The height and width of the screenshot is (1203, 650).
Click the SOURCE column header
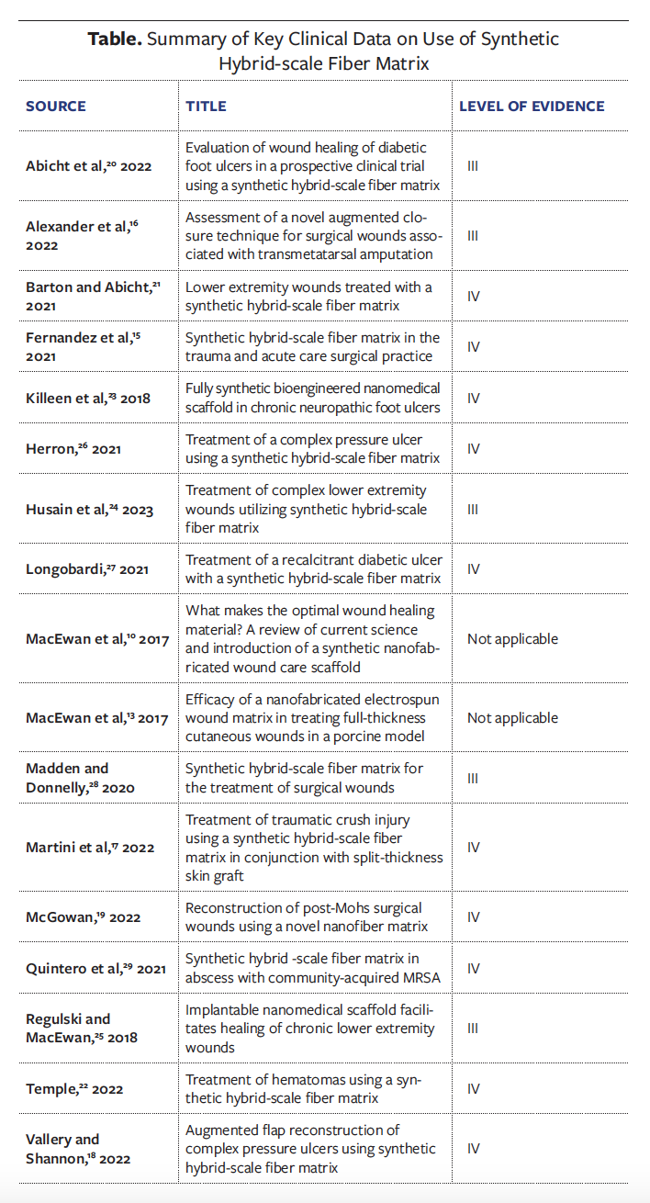(x=56, y=106)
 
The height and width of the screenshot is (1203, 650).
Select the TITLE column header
(x=207, y=106)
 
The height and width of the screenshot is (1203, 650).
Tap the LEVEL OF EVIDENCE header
(x=532, y=106)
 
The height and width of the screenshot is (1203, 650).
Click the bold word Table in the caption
(x=115, y=39)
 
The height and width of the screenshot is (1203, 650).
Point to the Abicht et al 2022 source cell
(x=89, y=166)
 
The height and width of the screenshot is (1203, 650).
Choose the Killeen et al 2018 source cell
(x=87, y=398)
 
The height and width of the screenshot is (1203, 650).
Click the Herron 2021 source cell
(x=73, y=448)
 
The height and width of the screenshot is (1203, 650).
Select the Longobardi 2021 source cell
(x=87, y=569)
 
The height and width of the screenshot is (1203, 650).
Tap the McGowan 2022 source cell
(x=82, y=916)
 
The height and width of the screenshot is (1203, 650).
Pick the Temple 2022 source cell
(x=74, y=1089)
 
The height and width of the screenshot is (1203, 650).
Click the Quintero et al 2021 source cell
(x=95, y=968)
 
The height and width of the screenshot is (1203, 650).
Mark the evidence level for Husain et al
(x=473, y=509)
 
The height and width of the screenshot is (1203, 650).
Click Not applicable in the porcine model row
(x=512, y=717)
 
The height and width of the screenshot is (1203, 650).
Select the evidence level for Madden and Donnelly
(x=473, y=778)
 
